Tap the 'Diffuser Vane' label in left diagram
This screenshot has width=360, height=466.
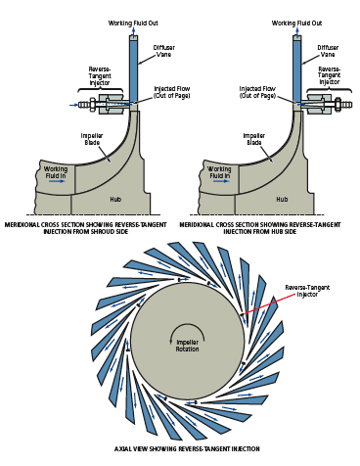(163, 51)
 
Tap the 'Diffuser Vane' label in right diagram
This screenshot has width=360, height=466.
(328, 51)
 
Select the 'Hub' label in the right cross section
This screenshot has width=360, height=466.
(282, 199)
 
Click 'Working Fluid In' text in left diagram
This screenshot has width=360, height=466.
(56, 173)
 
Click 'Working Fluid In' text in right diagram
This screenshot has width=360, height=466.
(220, 173)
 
